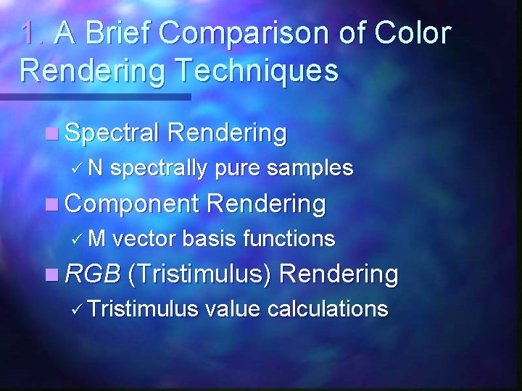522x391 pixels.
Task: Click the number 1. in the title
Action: pyautogui.click(x=33, y=33)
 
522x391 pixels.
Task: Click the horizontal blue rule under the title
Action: pyautogui.click(x=94, y=96)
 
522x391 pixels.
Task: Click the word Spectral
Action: pyautogui.click(x=112, y=133)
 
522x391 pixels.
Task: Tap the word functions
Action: pyautogui.click(x=289, y=238)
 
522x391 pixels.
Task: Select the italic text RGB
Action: pyautogui.click(x=92, y=274)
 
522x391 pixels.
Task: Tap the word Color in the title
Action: pyautogui.click(x=413, y=33)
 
